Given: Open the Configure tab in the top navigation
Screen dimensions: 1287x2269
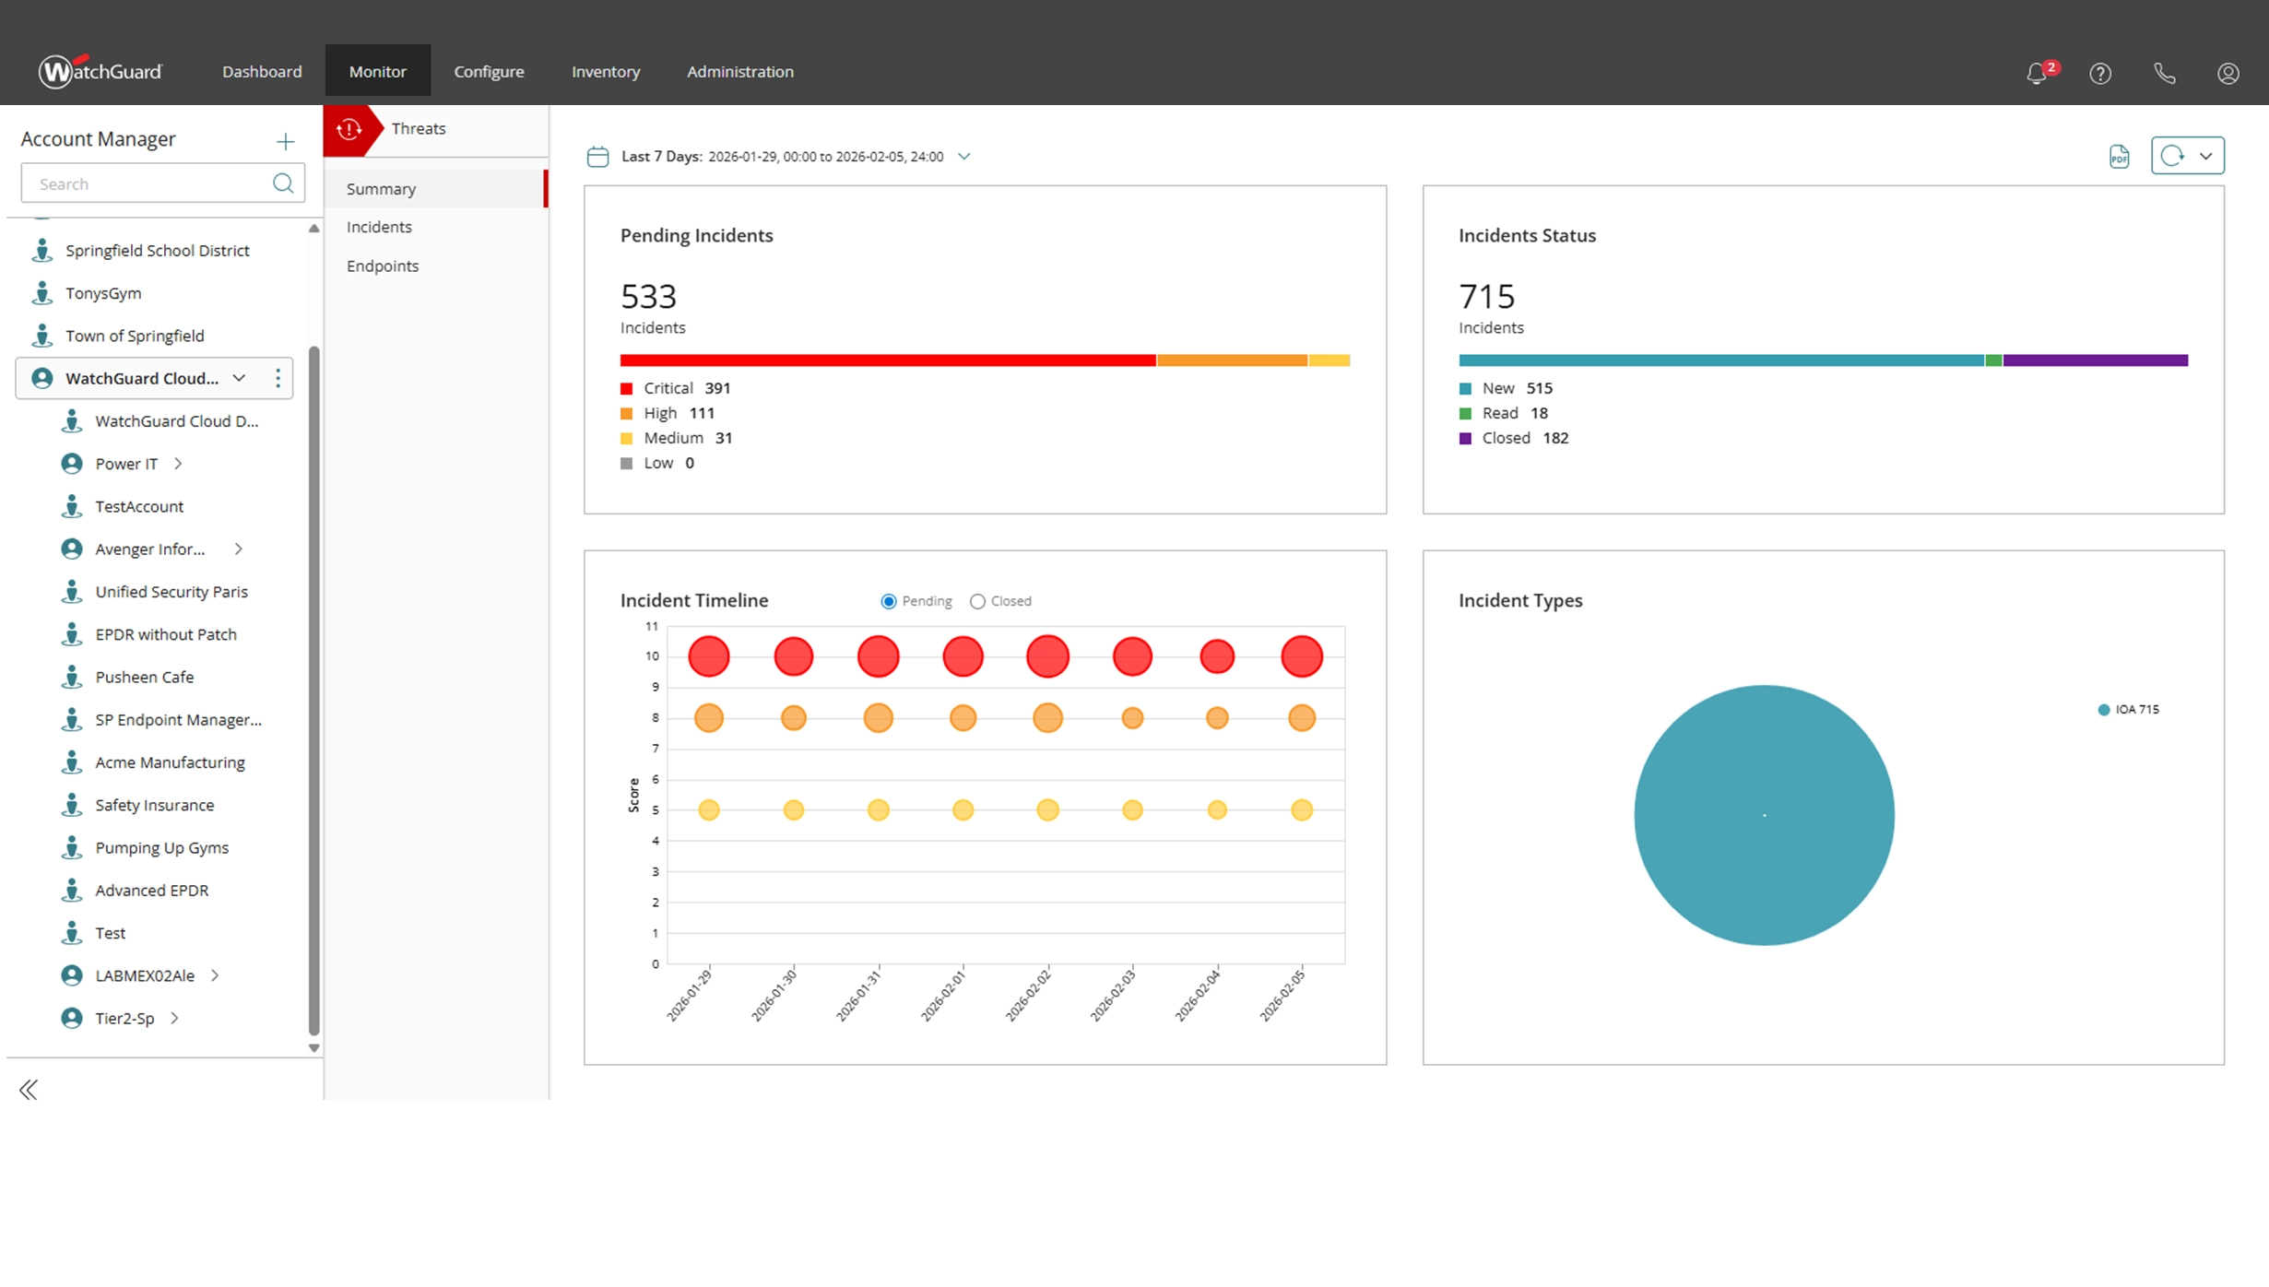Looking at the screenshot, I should coord(489,72).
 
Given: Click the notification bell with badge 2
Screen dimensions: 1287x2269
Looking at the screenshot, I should coord(2037,74).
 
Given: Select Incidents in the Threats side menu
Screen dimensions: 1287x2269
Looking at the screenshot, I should coord(379,227).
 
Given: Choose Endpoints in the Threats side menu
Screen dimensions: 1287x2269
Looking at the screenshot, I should coord(383,266).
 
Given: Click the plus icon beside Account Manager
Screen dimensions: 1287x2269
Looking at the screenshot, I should coord(285,141).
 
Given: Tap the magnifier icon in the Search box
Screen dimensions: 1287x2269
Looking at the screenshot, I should coord(283,183).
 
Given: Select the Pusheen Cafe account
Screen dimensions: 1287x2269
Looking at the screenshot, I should coord(145,677).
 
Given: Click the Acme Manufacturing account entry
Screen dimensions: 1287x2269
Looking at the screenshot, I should coord(170,762).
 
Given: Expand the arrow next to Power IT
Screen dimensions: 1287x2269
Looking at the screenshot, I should coord(179,464).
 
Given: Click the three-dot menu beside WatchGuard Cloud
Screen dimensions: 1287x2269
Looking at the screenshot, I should coord(278,378).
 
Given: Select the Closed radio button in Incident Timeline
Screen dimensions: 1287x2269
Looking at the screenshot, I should coord(977,601).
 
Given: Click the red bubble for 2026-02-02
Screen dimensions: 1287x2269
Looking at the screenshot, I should coord(1047,656).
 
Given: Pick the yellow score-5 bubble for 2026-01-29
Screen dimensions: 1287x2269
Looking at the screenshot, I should coord(708,809).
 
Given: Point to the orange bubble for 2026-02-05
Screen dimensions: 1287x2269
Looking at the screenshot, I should coord(1301,717).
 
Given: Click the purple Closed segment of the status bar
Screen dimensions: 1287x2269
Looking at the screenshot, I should coord(2095,360).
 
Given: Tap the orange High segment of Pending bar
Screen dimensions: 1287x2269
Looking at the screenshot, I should coord(1232,360).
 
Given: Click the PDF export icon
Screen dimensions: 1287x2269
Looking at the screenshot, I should coord(2119,157).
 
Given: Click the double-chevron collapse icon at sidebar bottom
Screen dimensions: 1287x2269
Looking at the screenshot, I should coord(29,1090).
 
